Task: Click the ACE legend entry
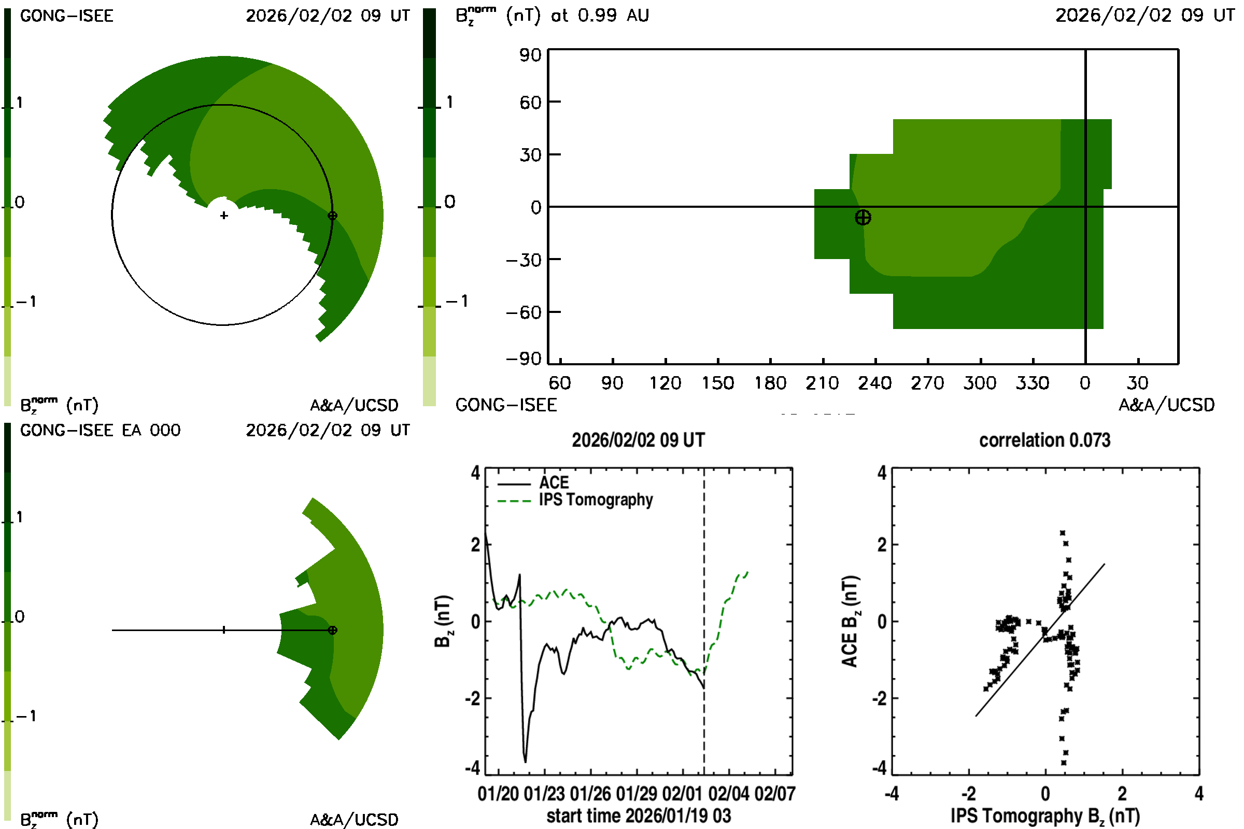(554, 483)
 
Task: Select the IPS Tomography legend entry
(596, 500)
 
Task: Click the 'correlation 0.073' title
(1044, 440)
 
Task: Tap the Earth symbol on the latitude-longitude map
(863, 217)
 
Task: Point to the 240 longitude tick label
(875, 383)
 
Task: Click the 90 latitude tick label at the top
(530, 55)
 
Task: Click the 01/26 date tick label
(590, 794)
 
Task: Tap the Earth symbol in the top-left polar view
(332, 216)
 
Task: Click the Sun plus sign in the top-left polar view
(224, 216)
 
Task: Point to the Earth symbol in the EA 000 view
(332, 630)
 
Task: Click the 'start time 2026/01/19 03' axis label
(639, 816)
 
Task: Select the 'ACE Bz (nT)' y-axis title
(850, 621)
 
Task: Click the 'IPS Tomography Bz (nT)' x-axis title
(1044, 816)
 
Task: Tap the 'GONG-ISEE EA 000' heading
(100, 431)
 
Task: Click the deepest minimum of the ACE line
(525, 761)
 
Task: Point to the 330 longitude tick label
(1032, 383)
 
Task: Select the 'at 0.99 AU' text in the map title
(599, 16)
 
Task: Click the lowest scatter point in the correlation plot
(1064, 762)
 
